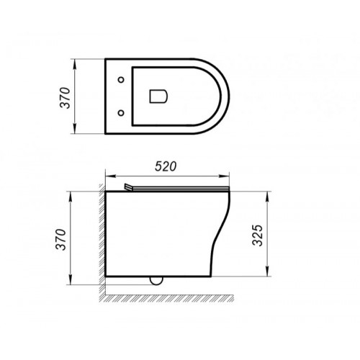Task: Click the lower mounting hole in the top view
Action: click(x=121, y=111)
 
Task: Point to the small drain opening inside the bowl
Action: click(x=158, y=95)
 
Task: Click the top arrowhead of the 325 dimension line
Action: click(x=271, y=194)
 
